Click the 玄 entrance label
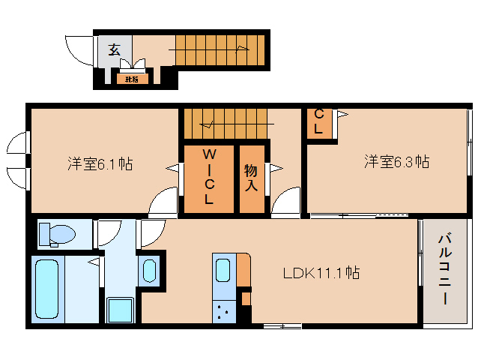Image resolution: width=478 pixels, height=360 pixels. [x=114, y=49]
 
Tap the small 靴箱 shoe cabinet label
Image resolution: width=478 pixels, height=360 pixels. [x=131, y=78]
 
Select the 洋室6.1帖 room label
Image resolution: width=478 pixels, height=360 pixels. [x=100, y=163]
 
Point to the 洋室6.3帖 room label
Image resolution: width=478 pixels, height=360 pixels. [x=396, y=161]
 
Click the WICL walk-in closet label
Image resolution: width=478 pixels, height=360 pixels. [x=209, y=177]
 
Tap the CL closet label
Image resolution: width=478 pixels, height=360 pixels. [x=318, y=122]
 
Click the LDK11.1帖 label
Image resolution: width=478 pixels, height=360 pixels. [x=321, y=273]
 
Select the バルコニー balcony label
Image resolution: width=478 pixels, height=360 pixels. [x=444, y=268]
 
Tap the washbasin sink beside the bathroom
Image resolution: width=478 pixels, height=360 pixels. [x=148, y=271]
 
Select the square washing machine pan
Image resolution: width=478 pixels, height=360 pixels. [x=120, y=309]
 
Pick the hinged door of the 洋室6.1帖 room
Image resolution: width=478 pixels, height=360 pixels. [x=163, y=202]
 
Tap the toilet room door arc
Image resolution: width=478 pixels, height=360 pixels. [x=109, y=233]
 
